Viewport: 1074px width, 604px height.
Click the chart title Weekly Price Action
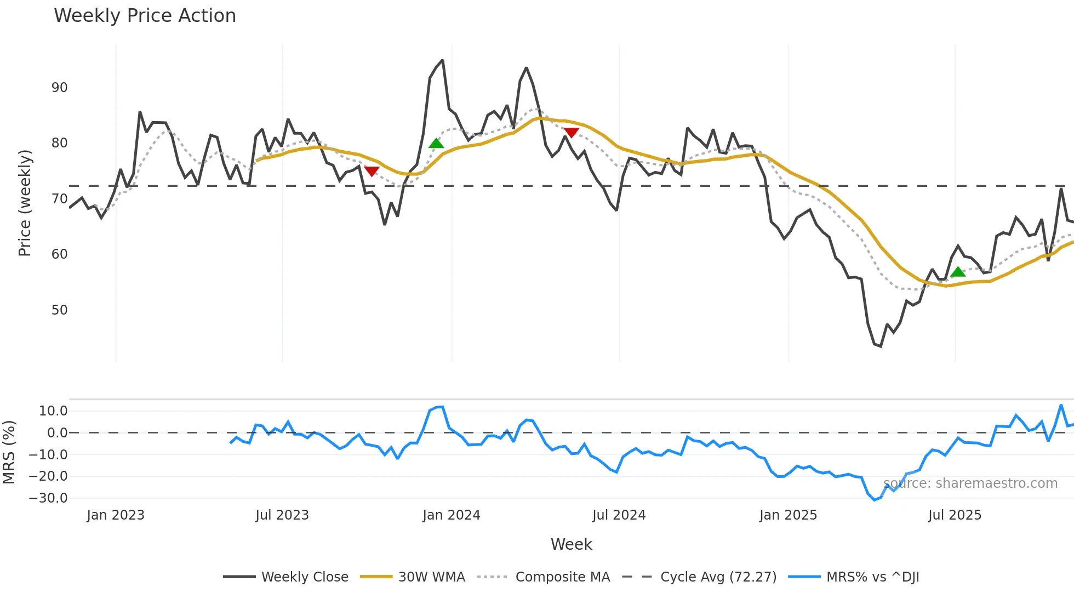[x=145, y=16]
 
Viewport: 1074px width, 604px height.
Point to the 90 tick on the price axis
[x=59, y=88]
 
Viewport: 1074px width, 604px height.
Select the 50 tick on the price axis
[x=59, y=310]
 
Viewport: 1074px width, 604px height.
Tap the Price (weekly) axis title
[x=25, y=203]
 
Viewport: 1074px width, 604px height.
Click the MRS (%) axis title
[x=9, y=452]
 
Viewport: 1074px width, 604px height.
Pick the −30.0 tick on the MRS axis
[x=48, y=498]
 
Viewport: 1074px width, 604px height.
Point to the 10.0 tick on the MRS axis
[x=53, y=411]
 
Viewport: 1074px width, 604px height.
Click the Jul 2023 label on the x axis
[x=282, y=515]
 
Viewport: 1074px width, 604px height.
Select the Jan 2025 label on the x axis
[x=788, y=515]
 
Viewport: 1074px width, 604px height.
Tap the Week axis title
[x=571, y=544]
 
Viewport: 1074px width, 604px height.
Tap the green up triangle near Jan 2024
[x=436, y=144]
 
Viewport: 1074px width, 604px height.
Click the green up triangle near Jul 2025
[x=958, y=272]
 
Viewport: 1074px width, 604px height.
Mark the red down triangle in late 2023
[x=372, y=171]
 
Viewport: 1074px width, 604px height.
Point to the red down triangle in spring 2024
[x=571, y=133]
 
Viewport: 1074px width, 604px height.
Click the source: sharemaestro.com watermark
[x=970, y=483]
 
